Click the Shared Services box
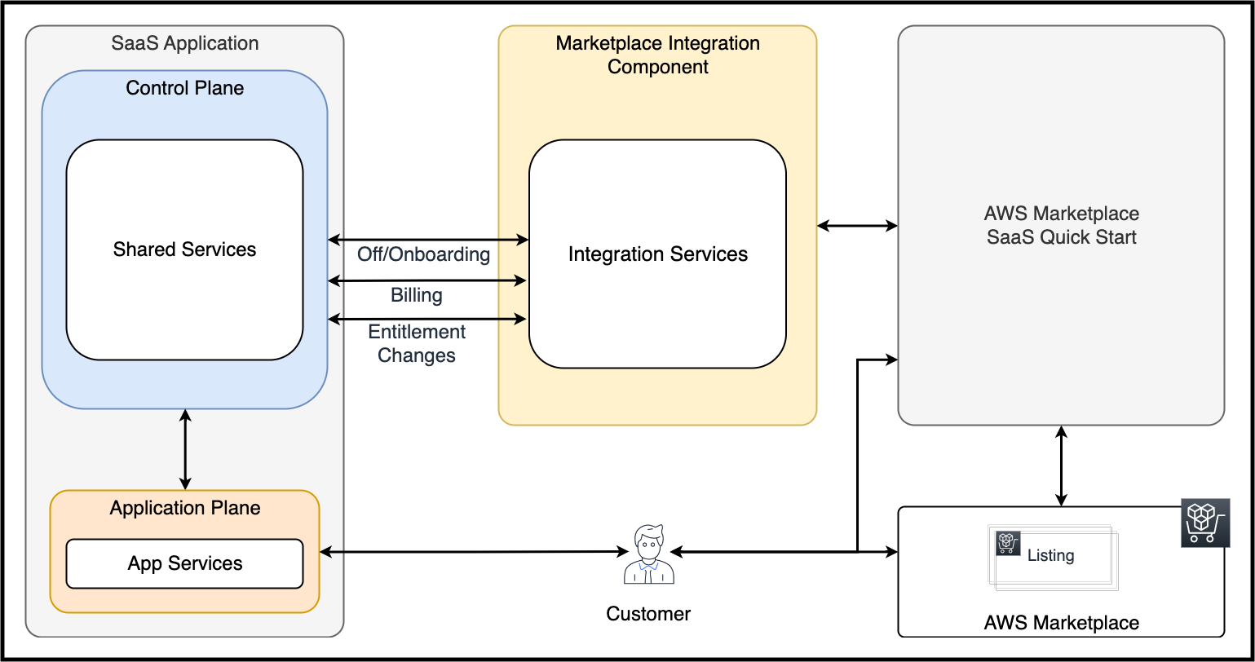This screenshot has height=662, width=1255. (184, 249)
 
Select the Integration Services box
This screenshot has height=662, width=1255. (657, 254)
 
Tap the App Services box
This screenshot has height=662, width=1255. (184, 563)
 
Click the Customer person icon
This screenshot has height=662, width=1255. (649, 554)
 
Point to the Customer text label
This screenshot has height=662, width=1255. (648, 614)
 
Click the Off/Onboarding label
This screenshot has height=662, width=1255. (423, 254)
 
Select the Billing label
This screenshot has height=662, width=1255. (416, 295)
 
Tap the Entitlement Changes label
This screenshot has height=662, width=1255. (416, 343)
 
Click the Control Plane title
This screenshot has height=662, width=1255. (185, 88)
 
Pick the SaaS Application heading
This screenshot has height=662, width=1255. (185, 43)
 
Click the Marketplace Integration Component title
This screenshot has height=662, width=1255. (658, 55)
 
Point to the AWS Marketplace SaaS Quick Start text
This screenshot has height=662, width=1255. (1061, 225)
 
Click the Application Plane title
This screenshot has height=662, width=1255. (185, 508)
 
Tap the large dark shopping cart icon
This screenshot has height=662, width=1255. (1206, 523)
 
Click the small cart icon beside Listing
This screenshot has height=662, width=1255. (1008, 543)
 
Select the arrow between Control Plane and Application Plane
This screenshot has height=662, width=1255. (185, 449)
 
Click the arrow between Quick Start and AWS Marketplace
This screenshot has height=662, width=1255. (1061, 466)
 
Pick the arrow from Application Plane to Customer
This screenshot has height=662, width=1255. (474, 552)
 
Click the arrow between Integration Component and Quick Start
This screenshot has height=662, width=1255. (857, 226)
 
